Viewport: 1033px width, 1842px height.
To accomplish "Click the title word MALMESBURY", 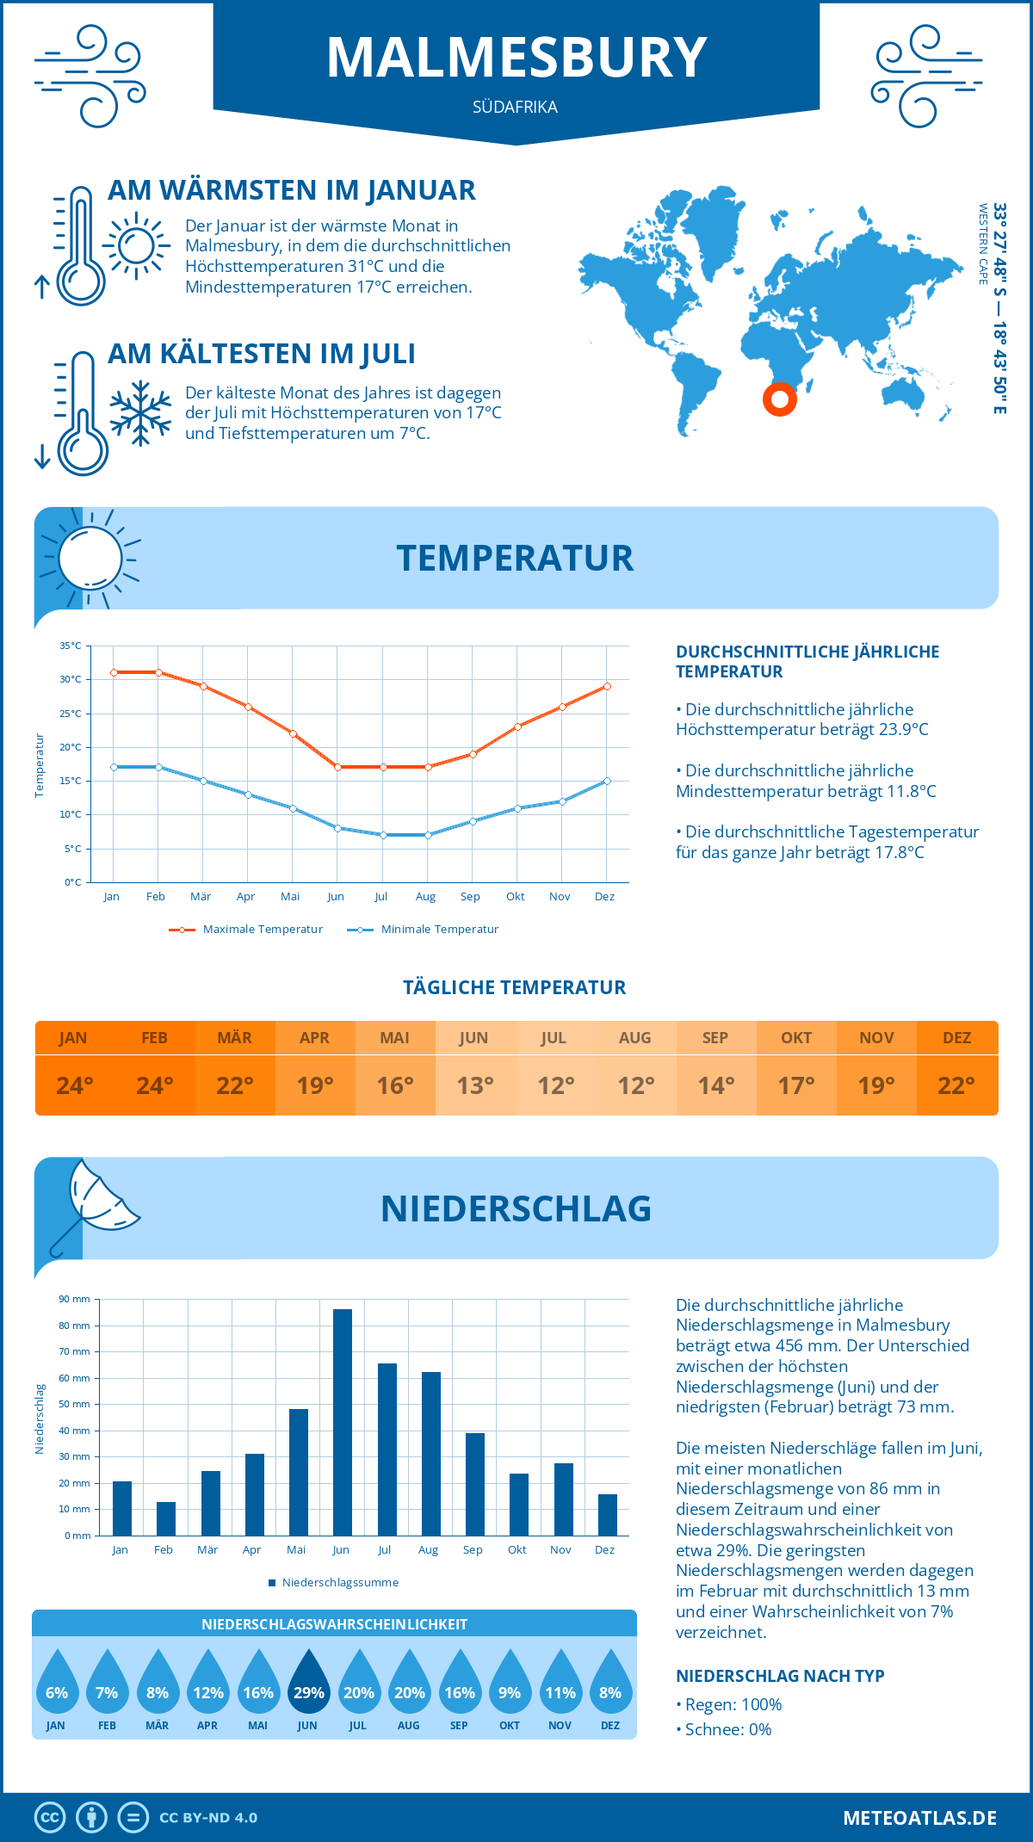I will (x=516, y=59).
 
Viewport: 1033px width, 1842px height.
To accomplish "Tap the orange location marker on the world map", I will (x=780, y=399).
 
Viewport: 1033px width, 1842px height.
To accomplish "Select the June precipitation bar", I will (x=343, y=1422).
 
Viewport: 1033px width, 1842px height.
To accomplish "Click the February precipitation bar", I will (x=166, y=1518).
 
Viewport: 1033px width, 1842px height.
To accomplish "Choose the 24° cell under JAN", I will (x=75, y=1085).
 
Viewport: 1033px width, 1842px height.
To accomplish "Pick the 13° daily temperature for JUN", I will (x=475, y=1085).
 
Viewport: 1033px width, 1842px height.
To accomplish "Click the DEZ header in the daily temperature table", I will (x=956, y=1038).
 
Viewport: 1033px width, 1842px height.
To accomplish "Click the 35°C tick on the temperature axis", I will (x=71, y=646).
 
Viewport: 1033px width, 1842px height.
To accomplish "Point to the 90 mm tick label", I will (x=75, y=1299).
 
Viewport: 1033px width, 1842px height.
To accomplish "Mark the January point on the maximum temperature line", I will (x=114, y=672).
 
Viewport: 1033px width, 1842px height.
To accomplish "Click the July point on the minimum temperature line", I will (x=383, y=835).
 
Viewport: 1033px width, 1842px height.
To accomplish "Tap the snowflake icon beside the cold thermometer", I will (x=140, y=413).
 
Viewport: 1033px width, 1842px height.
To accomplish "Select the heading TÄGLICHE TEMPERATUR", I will (x=515, y=988).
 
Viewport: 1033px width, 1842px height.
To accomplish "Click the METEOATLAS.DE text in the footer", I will (x=919, y=1818).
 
